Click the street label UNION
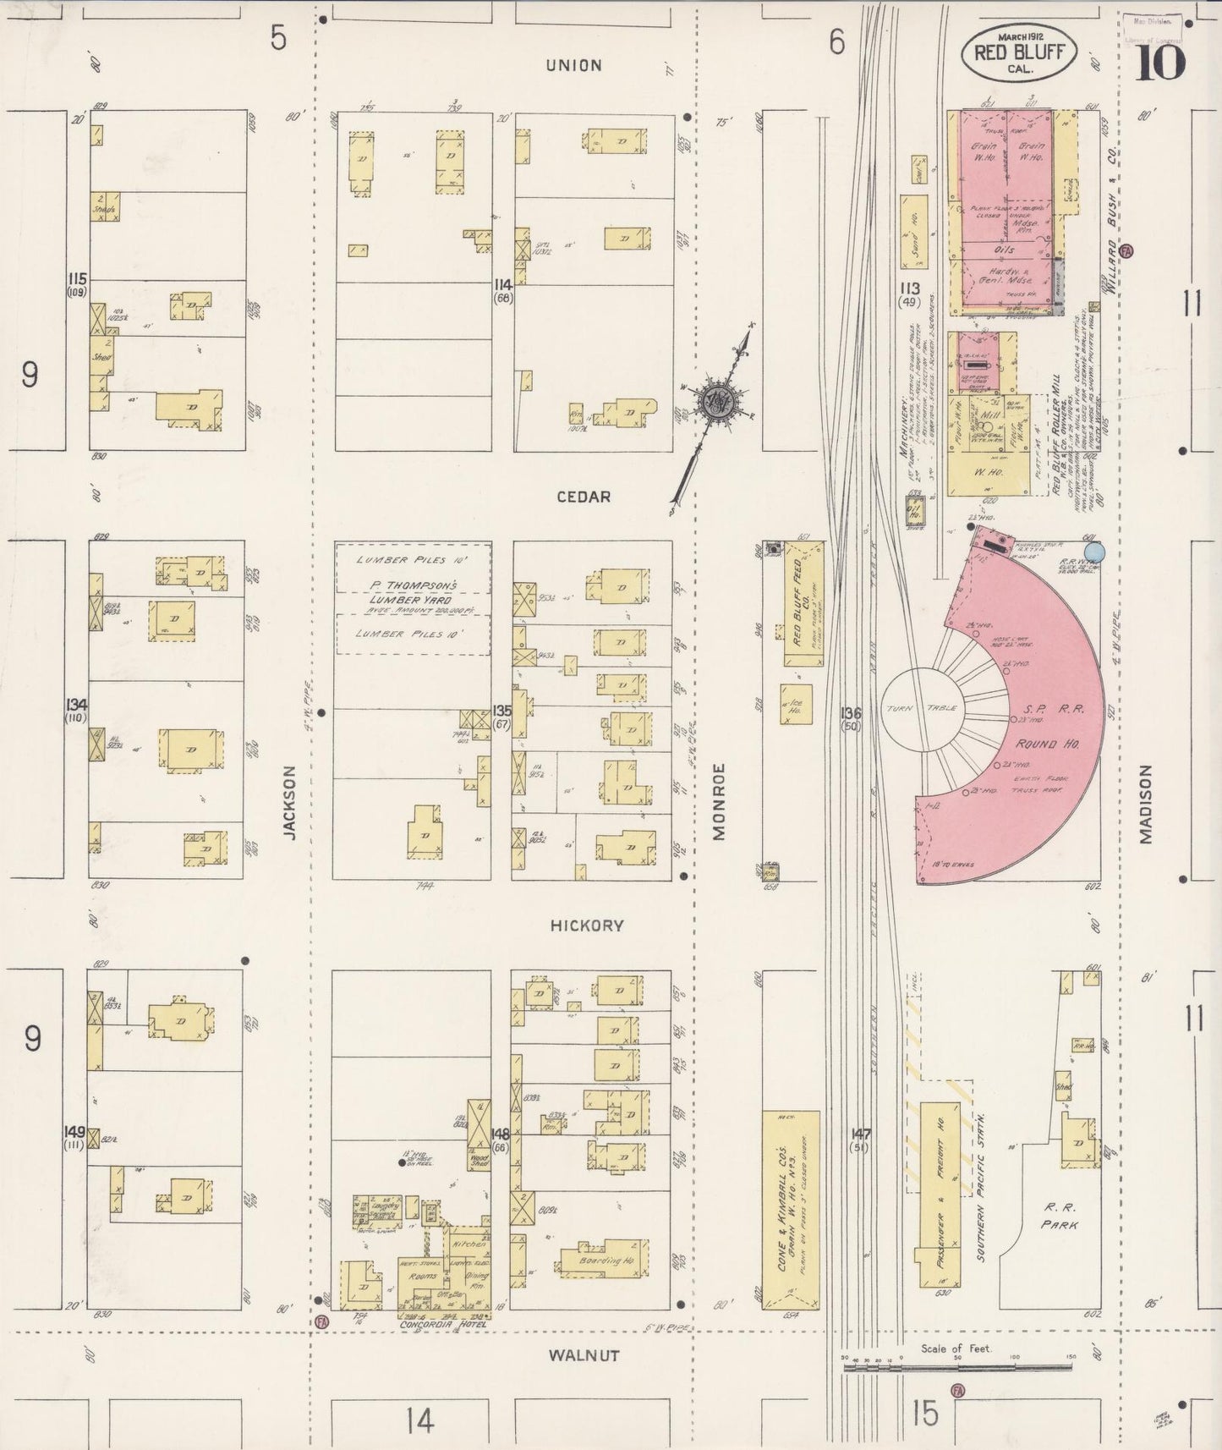(x=573, y=65)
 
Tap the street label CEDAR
(x=584, y=497)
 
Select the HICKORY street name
(x=586, y=925)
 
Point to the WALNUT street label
(x=584, y=1355)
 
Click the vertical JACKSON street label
(x=290, y=802)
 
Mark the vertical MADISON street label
(x=1146, y=805)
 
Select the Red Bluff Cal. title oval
(x=1018, y=53)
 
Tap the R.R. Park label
(x=1060, y=1217)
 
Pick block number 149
(x=74, y=1131)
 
